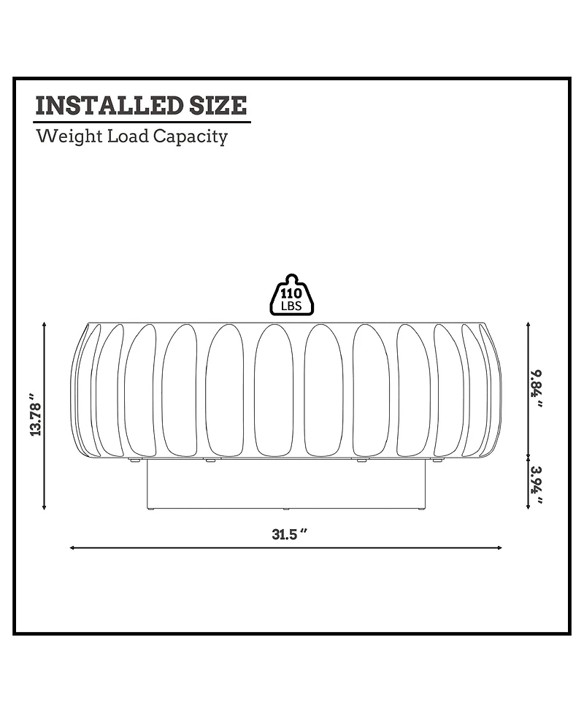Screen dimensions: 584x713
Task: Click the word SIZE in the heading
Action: pyautogui.click(x=218, y=106)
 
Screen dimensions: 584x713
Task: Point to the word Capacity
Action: pyautogui.click(x=190, y=137)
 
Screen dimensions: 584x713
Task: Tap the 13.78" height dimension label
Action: pyautogui.click(x=36, y=415)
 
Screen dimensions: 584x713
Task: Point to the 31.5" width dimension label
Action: pyautogui.click(x=291, y=534)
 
